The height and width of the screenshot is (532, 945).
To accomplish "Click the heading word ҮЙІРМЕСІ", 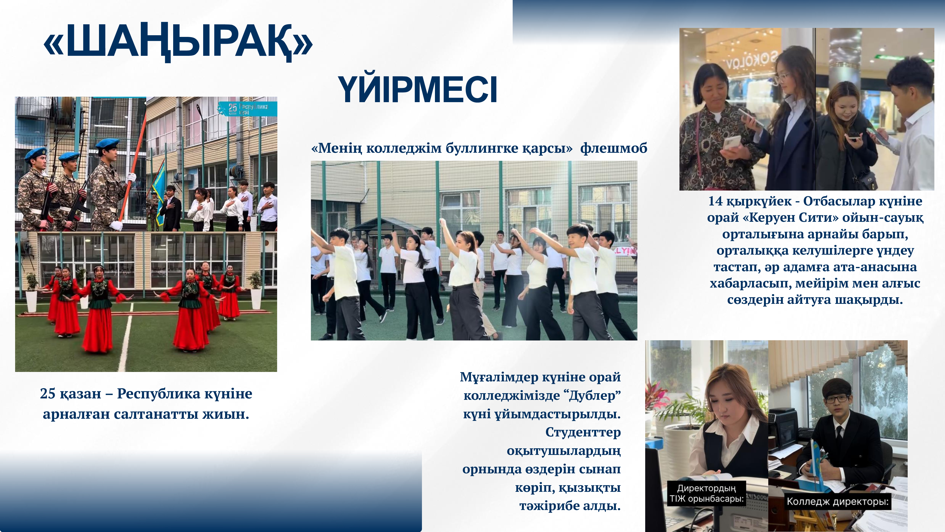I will coord(417,90).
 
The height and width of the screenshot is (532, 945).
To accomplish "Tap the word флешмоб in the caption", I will coord(613,148).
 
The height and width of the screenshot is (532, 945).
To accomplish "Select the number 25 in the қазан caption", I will coord(48,394).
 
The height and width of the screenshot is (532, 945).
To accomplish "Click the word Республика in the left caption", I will coord(159,394).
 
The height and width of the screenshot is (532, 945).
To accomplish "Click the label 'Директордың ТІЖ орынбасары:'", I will coord(706,493).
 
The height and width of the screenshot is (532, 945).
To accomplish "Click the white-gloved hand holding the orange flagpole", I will coord(131,178).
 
